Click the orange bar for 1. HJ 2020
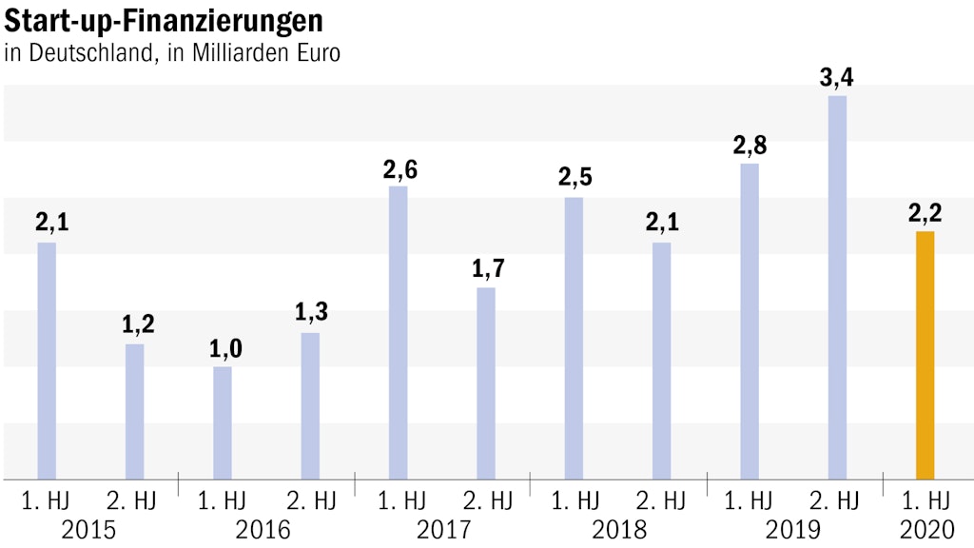coord(925,355)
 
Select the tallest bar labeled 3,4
coord(837,287)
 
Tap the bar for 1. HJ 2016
coord(223,422)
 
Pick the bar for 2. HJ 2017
coord(486,382)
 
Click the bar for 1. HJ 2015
coord(47,361)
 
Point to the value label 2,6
coord(399,170)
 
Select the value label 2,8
coord(750,147)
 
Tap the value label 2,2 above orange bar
coord(925,214)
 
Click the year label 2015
coord(88,529)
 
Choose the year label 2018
coord(618,529)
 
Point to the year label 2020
coord(925,529)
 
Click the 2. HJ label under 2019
coord(838,499)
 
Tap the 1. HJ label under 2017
coord(399,499)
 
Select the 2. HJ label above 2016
coord(311,499)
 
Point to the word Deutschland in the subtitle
coord(88,52)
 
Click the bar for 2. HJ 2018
coord(662,361)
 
